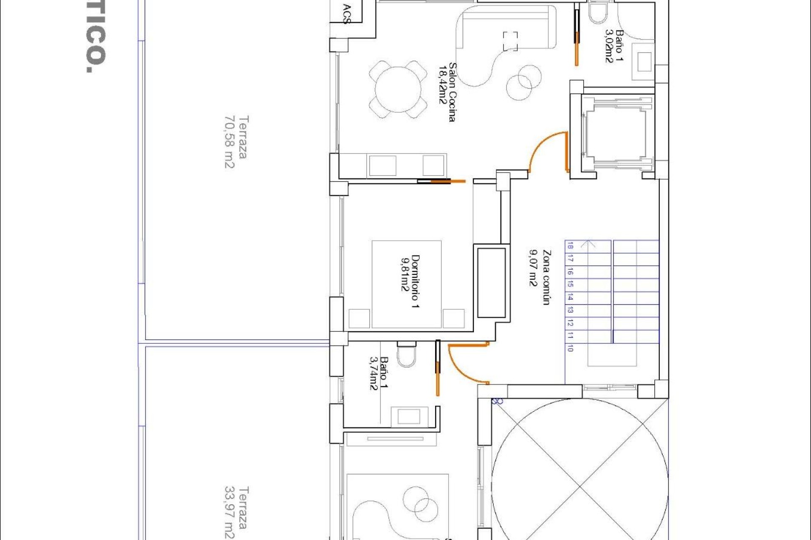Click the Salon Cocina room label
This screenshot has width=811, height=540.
pos(452,92)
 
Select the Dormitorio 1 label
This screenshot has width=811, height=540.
pos(416,281)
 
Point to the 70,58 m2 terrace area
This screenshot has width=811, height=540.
pos(229,142)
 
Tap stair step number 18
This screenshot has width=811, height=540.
pos(570,246)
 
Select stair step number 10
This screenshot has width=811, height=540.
pos(570,348)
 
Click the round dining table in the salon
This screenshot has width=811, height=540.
pos(398,89)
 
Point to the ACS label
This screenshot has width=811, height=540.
pos(347,14)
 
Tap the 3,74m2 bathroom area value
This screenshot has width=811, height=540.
pos(374,374)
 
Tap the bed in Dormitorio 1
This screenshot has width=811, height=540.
pos(406,283)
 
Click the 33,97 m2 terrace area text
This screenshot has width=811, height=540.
pos(229,513)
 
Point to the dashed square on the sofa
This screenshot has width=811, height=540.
pos(510,41)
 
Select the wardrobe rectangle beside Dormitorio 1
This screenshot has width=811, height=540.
pos(491,283)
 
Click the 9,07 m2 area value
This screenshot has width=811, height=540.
pos(533,268)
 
